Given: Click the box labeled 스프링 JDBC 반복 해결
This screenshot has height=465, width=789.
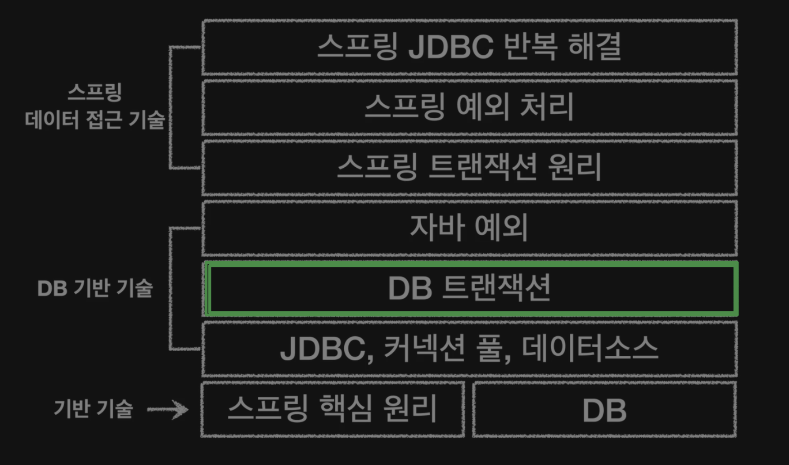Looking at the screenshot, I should coord(469,47).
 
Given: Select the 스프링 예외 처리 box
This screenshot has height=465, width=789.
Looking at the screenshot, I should coord(469,107).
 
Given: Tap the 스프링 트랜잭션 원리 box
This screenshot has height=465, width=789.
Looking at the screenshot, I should coord(469,168).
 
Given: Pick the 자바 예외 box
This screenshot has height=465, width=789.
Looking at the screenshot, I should coord(469,228).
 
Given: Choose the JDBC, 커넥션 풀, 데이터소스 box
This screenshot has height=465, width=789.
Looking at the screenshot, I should coord(469,349).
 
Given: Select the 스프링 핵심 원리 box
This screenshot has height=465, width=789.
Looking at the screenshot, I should coord(332,409).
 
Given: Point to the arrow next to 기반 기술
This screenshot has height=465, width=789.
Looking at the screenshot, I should coord(168,410).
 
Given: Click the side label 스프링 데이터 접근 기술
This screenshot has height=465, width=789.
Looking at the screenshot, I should coord(95,107).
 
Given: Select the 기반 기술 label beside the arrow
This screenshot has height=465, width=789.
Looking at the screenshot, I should coord(93,409).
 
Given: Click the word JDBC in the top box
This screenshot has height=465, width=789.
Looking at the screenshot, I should coord(451,47).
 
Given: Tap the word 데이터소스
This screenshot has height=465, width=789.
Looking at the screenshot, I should coord(589,349).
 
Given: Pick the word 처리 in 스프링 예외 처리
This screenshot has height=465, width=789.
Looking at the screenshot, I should coord(547,107).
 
